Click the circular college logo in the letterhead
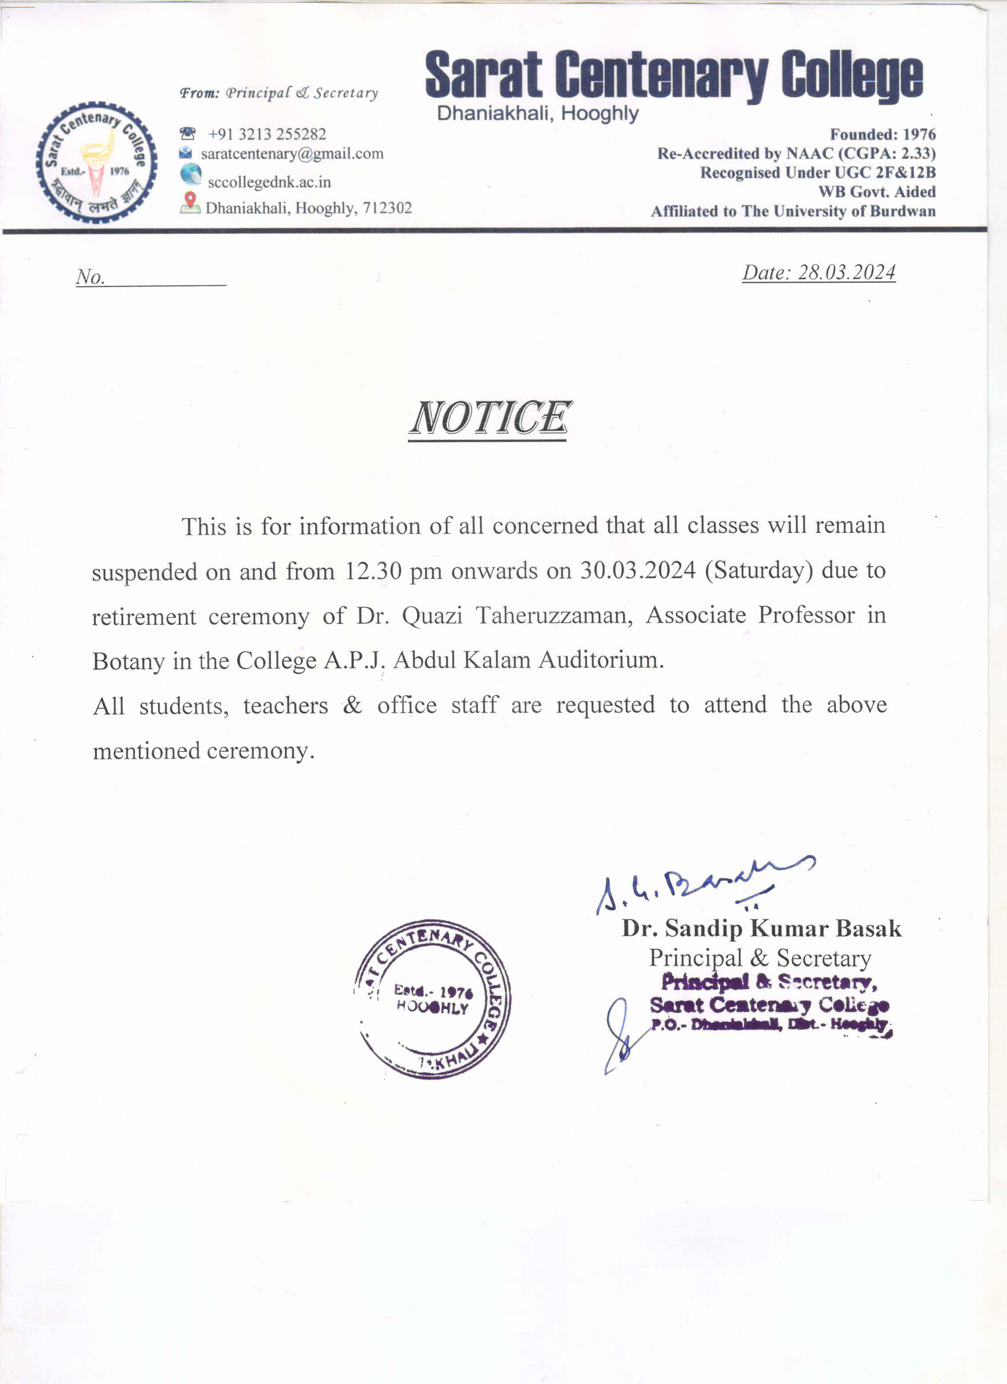(96, 162)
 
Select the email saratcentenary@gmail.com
(292, 154)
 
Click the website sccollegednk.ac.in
(269, 182)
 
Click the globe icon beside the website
(191, 174)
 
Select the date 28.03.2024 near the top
(846, 272)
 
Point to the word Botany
(128, 661)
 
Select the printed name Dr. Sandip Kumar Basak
(761, 928)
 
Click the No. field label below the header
(90, 277)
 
